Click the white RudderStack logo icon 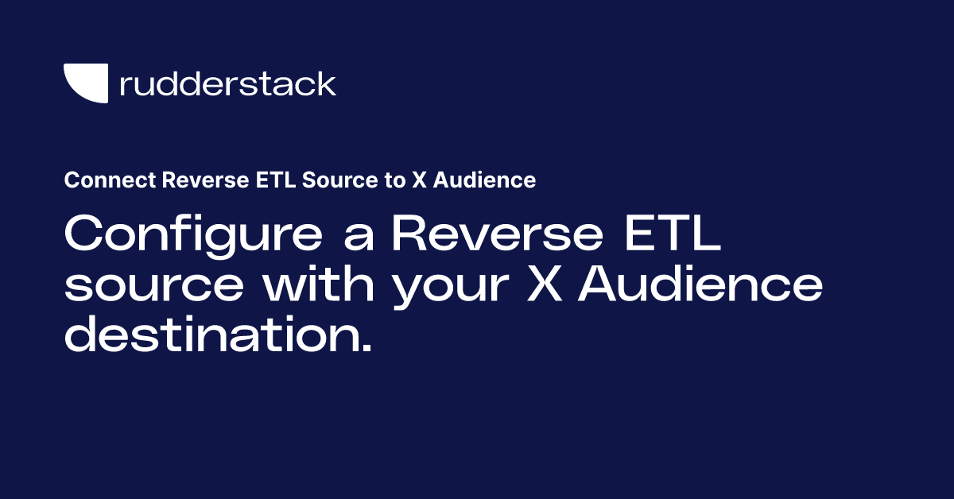point(85,83)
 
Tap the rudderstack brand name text point(228,83)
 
